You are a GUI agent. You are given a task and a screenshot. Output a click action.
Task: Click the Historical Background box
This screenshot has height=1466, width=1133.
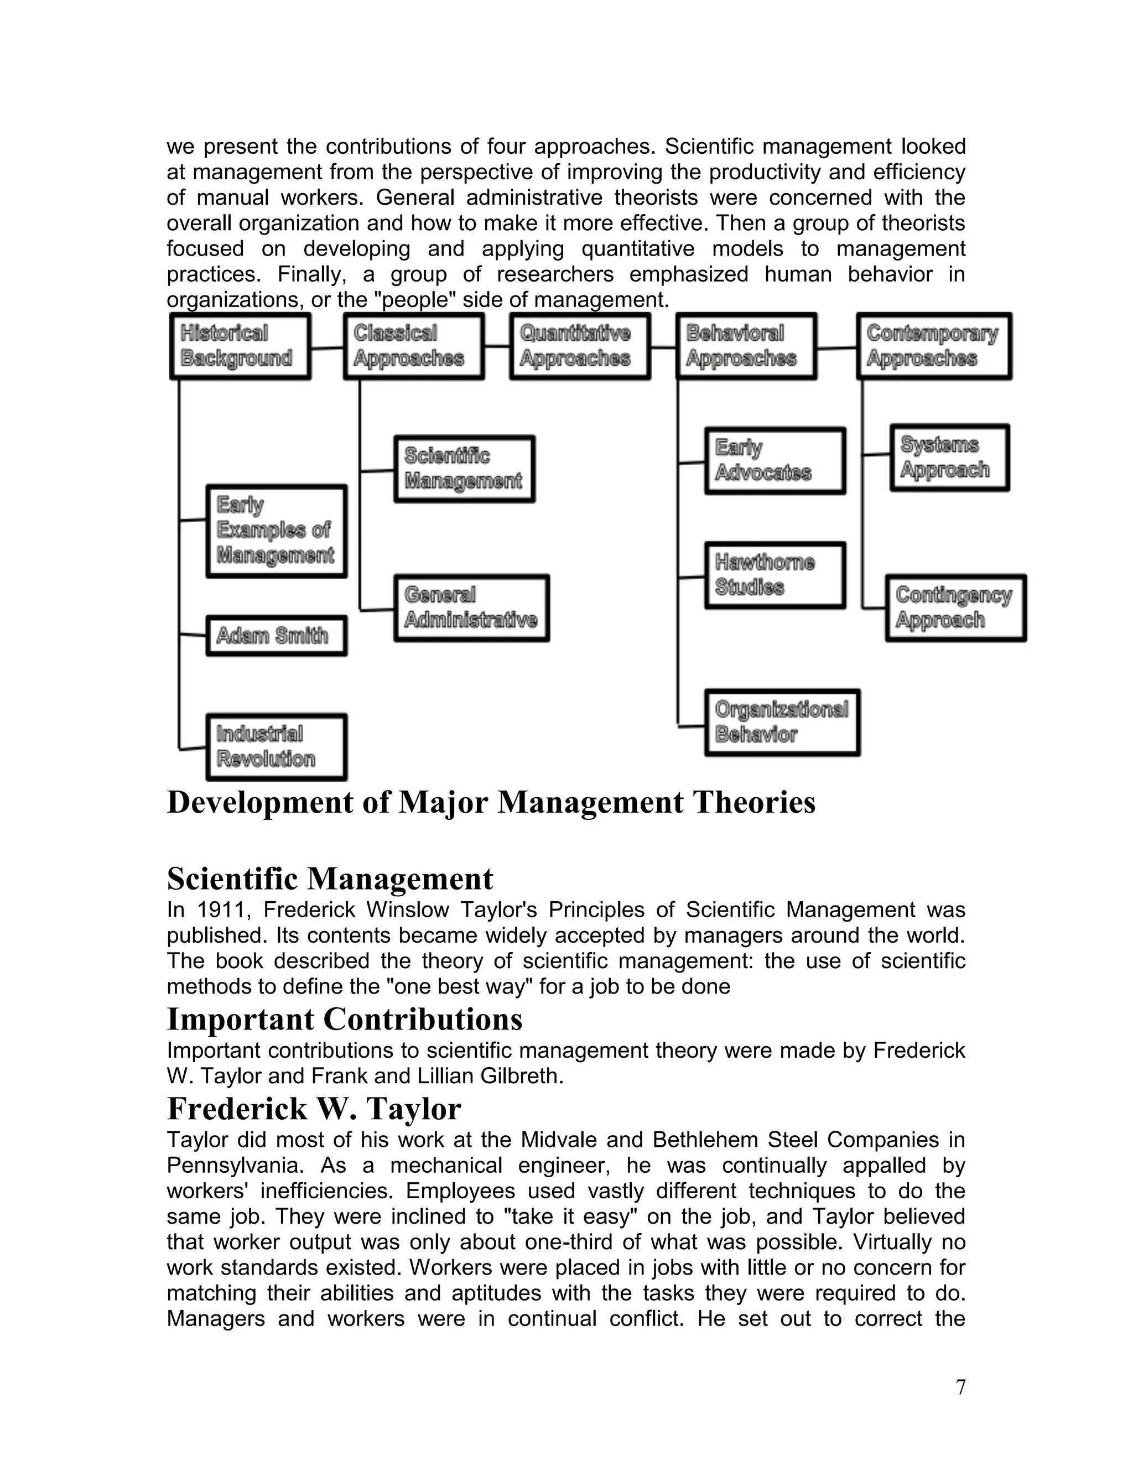click(x=240, y=346)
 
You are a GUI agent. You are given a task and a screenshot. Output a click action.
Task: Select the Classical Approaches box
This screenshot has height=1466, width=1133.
click(x=413, y=346)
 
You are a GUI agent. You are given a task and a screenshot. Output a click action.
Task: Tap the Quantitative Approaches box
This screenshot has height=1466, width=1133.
click(x=580, y=346)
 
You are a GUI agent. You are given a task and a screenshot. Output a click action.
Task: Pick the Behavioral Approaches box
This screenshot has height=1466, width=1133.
click(x=746, y=346)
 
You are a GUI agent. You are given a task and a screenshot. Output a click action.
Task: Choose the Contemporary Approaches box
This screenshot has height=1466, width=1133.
click(x=934, y=346)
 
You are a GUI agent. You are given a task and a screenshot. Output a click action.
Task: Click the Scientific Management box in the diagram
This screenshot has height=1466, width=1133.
click(x=464, y=469)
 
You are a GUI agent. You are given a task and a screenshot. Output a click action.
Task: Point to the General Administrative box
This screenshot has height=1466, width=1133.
click(x=471, y=607)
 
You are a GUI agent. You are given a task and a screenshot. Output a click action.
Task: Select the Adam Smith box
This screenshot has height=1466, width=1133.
click(x=276, y=635)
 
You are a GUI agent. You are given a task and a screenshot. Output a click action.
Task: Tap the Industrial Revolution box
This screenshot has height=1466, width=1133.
click(x=276, y=746)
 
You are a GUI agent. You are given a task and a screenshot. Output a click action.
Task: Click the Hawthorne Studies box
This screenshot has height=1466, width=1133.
click(x=775, y=575)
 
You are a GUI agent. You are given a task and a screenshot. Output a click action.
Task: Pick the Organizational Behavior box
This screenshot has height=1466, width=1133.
click(x=782, y=722)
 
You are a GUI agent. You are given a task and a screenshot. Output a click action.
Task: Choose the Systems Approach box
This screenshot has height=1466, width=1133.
click(x=949, y=457)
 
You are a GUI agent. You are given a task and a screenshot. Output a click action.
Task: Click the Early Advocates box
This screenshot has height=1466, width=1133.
click(x=775, y=460)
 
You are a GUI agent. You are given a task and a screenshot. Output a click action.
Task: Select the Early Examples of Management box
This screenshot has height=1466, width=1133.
click(x=276, y=531)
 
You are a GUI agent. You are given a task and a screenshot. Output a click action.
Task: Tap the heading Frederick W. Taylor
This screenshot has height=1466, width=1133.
click(x=314, y=1108)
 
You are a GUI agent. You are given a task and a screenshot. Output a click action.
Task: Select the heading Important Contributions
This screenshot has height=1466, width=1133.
click(x=344, y=1019)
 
